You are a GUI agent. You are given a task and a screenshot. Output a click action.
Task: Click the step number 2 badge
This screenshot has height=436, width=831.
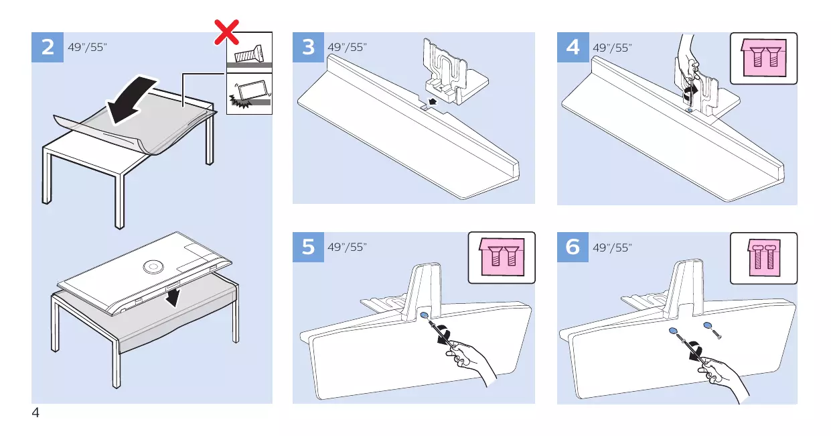click(x=48, y=47)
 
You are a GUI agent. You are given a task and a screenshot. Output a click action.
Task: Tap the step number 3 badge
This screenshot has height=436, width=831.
click(x=308, y=47)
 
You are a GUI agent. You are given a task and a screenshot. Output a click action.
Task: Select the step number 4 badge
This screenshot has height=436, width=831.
click(x=573, y=47)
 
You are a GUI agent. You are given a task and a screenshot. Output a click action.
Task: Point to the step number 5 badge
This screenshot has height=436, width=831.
click(x=308, y=247)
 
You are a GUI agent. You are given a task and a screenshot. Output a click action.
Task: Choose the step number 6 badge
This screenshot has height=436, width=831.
click(x=573, y=247)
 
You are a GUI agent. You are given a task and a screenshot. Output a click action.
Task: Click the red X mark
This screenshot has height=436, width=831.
click(x=227, y=32)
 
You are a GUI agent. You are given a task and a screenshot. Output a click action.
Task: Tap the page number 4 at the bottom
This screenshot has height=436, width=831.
click(x=35, y=413)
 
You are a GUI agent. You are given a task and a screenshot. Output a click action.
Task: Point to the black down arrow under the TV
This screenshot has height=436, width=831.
click(x=173, y=297)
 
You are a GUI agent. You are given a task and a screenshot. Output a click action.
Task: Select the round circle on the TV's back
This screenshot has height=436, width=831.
click(x=153, y=266)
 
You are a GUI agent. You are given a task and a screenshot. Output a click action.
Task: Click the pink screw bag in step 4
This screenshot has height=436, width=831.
click(x=764, y=58)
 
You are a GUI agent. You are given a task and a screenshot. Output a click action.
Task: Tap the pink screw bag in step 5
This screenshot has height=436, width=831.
click(x=502, y=257)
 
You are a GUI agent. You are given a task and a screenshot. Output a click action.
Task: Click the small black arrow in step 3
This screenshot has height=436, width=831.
click(x=432, y=101)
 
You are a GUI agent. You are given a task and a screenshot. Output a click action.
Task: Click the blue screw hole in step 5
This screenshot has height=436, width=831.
click(x=425, y=315)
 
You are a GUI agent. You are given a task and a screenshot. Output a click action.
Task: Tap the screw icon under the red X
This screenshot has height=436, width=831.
click(x=249, y=54)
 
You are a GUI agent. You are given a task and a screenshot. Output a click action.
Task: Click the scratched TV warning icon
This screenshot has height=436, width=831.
click(x=250, y=94)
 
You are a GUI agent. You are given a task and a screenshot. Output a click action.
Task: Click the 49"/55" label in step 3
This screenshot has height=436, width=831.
click(x=348, y=47)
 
